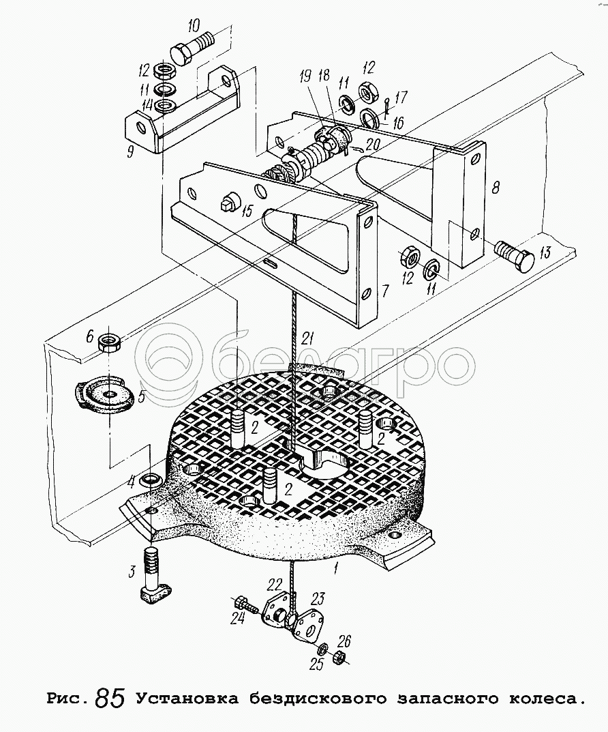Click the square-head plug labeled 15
click(x=228, y=203)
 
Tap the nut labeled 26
click(x=337, y=657)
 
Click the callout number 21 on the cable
click(x=310, y=337)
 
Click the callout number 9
click(x=131, y=152)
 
